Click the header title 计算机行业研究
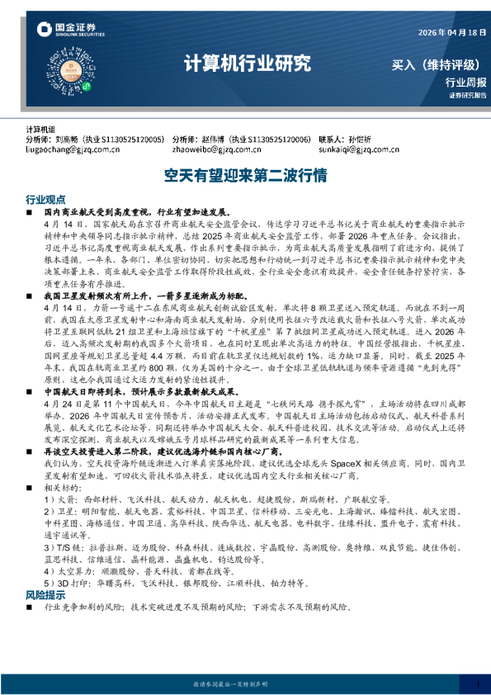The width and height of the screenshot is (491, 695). coord(247,62)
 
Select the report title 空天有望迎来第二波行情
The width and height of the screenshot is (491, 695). coord(245,176)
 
